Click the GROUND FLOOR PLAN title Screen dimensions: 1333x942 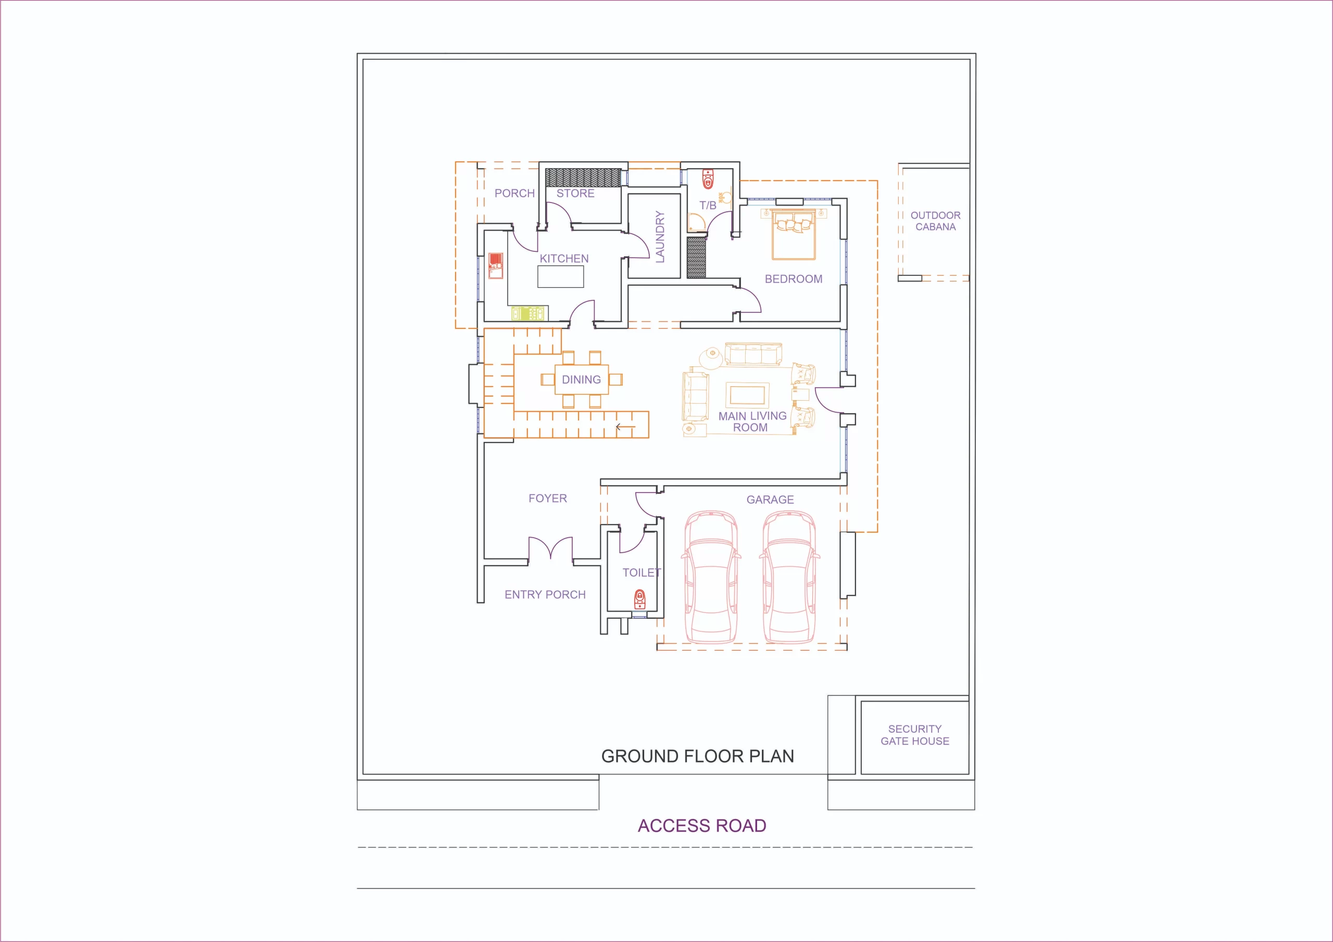(697, 756)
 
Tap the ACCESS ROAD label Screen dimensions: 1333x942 (702, 825)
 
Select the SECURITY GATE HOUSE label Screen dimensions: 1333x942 (915, 735)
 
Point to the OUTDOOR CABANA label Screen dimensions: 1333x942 (935, 221)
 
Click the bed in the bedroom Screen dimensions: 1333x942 (794, 235)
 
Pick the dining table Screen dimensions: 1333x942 (581, 379)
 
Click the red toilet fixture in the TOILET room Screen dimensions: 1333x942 (639, 599)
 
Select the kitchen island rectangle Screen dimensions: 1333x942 (560, 277)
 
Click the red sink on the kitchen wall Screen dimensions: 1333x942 (495, 266)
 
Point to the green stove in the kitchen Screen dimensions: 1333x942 (530, 313)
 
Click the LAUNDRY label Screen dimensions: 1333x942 (660, 237)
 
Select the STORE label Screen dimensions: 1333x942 (575, 193)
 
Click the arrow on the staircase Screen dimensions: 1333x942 (625, 427)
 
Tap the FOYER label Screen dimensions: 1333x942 (547, 498)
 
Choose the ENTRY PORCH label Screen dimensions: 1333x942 (545, 594)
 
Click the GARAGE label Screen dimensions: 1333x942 (770, 500)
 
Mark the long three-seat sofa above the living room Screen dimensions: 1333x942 (753, 354)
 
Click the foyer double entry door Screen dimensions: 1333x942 (550, 548)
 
